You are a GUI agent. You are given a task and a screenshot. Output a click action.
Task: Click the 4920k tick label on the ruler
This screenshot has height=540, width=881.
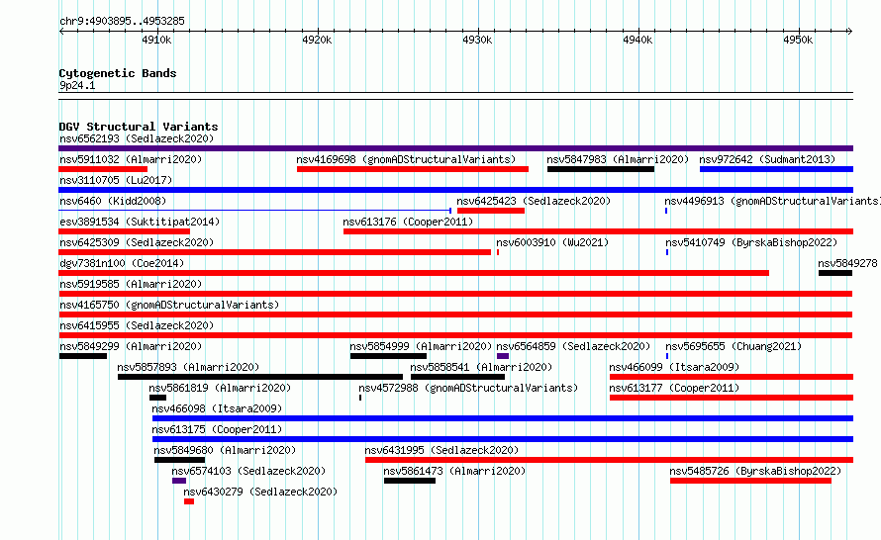[x=317, y=40]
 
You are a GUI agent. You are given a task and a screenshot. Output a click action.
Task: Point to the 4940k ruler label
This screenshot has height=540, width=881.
[x=637, y=40]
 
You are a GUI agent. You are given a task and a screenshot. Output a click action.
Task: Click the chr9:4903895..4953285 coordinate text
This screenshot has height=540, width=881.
[x=122, y=22]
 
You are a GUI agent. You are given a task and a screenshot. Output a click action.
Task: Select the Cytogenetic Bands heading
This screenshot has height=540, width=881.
[x=118, y=73]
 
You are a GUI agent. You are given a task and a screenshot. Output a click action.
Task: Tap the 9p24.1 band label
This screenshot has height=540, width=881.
[x=77, y=85]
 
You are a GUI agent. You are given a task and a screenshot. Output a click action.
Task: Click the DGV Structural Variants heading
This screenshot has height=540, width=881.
[x=139, y=127]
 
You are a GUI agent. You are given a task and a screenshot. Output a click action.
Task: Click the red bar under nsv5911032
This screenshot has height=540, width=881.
[x=103, y=169]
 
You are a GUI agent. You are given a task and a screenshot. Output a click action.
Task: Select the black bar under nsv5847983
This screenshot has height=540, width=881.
[x=601, y=169]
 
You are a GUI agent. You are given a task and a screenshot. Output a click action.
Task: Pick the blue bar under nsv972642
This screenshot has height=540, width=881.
[x=776, y=169]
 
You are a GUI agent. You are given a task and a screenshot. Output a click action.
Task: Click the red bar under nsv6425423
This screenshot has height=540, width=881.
[x=491, y=211]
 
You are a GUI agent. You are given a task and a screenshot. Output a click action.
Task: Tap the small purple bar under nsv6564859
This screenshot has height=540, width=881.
[x=503, y=356]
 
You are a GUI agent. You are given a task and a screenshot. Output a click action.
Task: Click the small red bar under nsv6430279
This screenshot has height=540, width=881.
[x=189, y=501]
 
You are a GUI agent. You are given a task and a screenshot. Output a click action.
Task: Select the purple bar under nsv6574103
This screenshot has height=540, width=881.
[x=179, y=481]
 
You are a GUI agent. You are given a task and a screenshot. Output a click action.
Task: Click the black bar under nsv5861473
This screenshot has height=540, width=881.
[x=410, y=481]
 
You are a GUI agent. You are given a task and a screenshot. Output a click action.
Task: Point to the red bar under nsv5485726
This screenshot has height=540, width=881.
[x=750, y=481]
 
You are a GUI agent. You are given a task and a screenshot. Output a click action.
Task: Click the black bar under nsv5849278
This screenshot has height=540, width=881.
[x=835, y=273]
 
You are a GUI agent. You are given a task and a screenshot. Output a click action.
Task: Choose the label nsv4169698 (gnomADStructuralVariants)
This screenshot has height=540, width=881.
[x=406, y=159]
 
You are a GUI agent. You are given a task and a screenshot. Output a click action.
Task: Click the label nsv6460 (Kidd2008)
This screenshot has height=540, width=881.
[x=113, y=201]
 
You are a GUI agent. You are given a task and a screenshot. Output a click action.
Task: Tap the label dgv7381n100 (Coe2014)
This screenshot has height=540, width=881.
[x=122, y=263]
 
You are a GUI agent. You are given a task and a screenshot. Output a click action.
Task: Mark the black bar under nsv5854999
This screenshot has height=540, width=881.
[x=388, y=356]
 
